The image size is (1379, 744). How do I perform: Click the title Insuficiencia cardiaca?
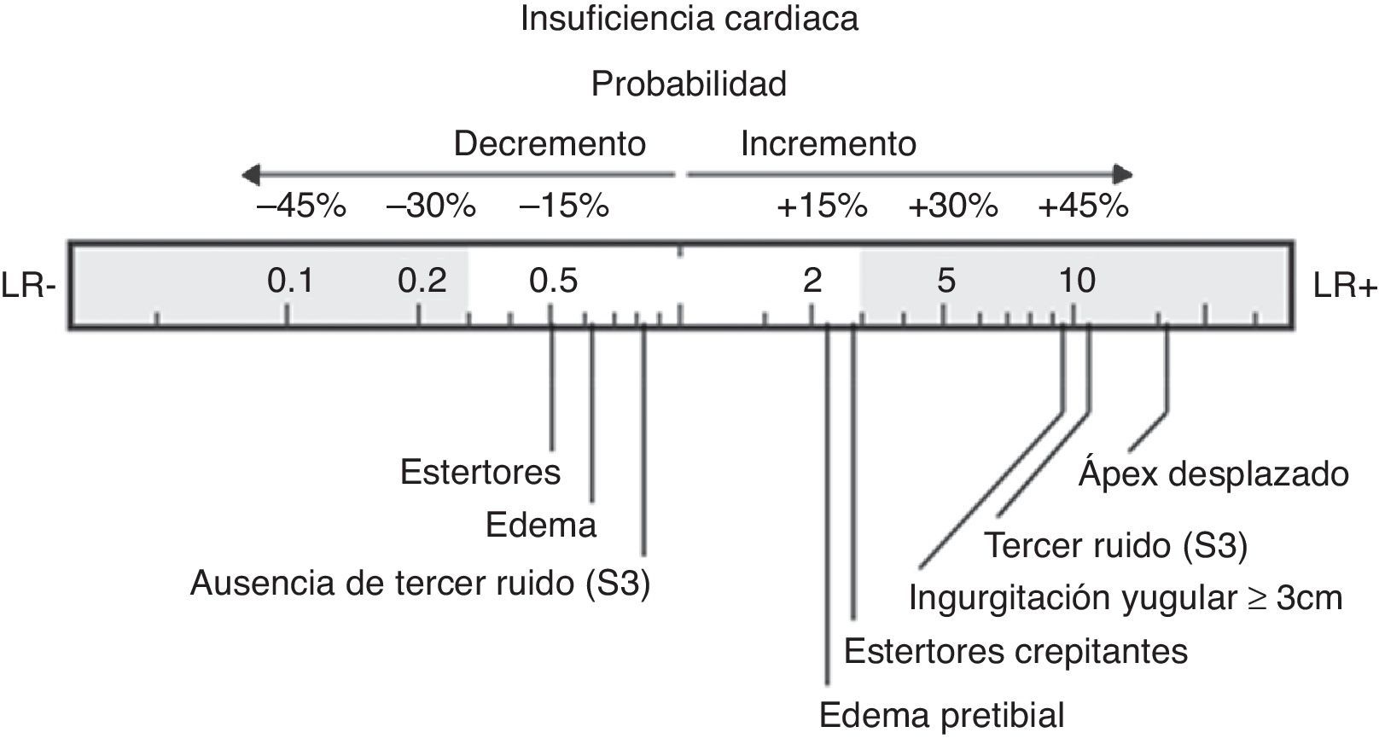click(689, 19)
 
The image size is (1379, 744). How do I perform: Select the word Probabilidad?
click(689, 84)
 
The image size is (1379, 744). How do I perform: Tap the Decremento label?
click(550, 143)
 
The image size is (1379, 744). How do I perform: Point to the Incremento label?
click(828, 143)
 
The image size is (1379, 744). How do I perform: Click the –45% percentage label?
click(301, 206)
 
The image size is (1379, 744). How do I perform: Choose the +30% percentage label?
click(952, 206)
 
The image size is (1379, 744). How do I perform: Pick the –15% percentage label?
click(564, 206)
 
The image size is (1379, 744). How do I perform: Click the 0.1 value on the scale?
click(290, 280)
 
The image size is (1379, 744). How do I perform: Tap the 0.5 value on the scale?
click(553, 280)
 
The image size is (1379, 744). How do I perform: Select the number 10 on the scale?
click(1077, 280)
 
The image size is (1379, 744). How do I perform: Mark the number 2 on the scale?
click(812, 280)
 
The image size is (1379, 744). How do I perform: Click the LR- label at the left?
click(28, 287)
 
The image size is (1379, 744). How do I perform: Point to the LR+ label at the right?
click(1345, 287)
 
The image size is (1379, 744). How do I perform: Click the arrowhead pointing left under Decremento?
click(250, 176)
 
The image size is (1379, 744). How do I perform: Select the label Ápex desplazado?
click(1213, 474)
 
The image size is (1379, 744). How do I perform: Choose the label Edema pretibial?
click(941, 715)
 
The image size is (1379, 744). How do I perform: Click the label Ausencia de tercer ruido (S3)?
click(420, 584)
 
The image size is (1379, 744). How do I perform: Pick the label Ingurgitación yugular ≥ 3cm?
click(1125, 598)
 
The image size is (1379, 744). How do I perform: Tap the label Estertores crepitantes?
click(1015, 652)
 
